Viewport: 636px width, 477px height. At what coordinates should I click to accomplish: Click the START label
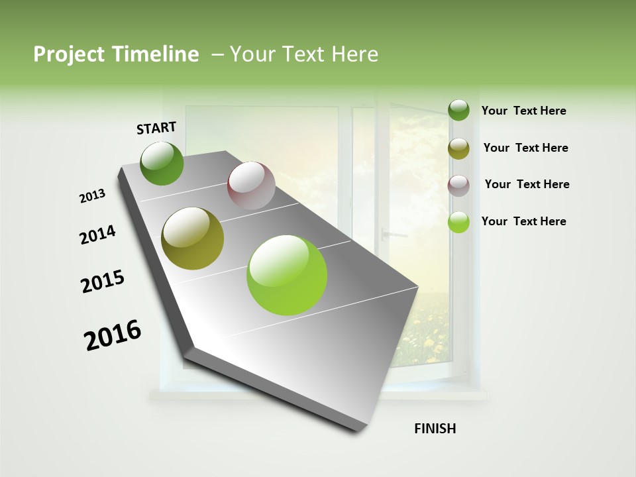156,128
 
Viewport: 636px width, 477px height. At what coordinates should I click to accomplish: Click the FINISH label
435,429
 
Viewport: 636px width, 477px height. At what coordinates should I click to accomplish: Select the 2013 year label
93,196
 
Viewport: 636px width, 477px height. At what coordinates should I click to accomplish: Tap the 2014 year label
97,235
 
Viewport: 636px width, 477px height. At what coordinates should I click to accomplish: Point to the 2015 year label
103,282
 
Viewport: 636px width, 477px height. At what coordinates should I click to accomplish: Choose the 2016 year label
113,335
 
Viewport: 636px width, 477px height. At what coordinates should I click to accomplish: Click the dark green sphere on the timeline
162,163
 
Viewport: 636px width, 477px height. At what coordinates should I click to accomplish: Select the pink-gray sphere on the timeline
251,185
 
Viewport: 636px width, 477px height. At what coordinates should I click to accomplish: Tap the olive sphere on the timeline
193,238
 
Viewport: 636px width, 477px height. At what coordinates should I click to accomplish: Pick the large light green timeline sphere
287,275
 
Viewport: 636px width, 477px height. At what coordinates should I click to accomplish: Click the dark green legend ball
458,111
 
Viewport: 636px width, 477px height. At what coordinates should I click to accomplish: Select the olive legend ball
458,148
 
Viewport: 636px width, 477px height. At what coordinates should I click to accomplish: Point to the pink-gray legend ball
458,185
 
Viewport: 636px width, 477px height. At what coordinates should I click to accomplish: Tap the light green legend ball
458,222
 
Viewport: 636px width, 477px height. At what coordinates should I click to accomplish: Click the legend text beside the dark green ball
523,111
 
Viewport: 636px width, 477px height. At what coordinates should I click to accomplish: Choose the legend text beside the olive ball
525,148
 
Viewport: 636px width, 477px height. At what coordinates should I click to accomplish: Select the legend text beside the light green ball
523,221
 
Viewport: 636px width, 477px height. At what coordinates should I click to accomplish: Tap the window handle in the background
394,234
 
